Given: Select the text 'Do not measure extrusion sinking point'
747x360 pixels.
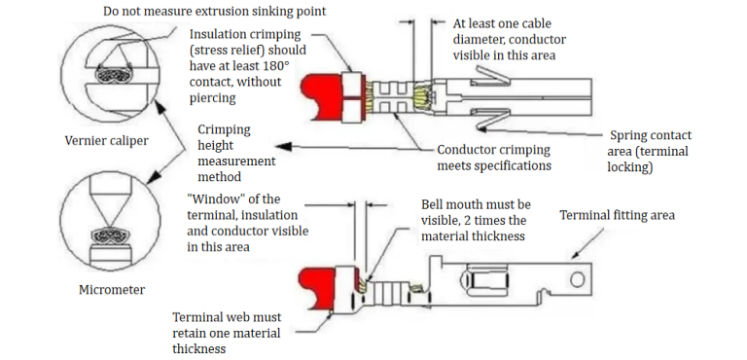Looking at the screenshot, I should (x=214, y=12).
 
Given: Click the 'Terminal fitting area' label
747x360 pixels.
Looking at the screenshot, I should (x=617, y=215).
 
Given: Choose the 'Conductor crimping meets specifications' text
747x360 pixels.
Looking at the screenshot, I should (x=494, y=158).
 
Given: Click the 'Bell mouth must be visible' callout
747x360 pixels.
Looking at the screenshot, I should (x=476, y=220).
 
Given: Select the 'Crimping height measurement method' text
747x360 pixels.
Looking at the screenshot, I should (x=236, y=152).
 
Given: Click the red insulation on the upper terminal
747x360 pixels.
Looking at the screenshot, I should (x=325, y=95).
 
